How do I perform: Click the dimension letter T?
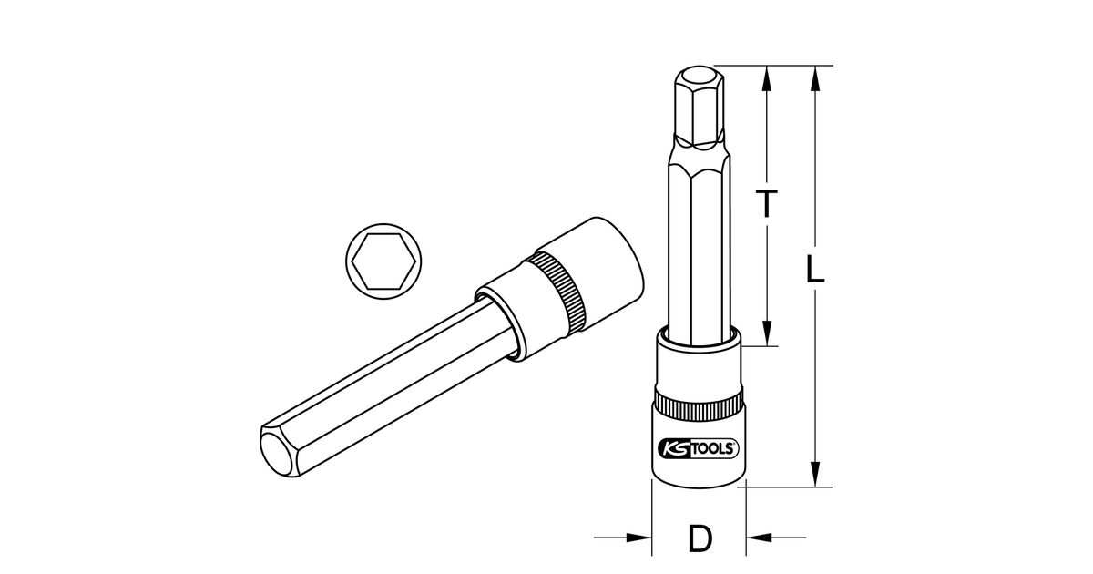(767, 203)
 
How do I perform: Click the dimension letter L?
(815, 268)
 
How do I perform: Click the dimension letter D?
(700, 538)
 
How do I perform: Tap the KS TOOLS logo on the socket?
(699, 448)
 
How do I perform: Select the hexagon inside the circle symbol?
(383, 261)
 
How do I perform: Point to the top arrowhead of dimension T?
(767, 78)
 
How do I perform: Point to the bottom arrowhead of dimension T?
(767, 333)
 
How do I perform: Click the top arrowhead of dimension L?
(814, 78)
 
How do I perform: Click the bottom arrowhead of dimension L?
(814, 474)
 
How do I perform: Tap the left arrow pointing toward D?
(623, 538)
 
